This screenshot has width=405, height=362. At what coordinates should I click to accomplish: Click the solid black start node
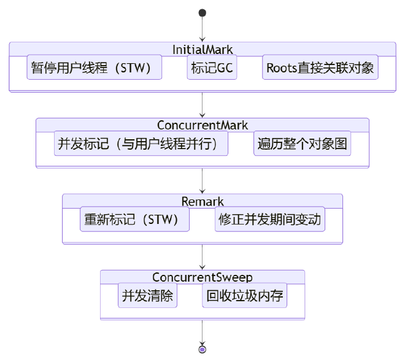(x=202, y=13)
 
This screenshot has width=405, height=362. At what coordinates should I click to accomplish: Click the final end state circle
(x=202, y=349)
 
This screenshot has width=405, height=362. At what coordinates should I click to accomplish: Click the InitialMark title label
(x=202, y=49)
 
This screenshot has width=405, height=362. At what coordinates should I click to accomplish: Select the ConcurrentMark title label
(x=202, y=125)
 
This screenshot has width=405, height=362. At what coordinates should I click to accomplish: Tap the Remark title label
(x=202, y=201)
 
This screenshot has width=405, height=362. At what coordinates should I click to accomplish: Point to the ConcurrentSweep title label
(x=202, y=277)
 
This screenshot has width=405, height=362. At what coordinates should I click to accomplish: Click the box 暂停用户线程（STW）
(x=94, y=67)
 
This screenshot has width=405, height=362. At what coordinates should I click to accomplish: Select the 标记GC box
(x=212, y=67)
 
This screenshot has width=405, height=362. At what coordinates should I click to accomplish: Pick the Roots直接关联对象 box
(x=320, y=67)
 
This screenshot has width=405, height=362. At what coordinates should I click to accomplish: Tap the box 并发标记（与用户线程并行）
(x=141, y=144)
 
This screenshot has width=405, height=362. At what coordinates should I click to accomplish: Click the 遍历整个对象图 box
(x=303, y=144)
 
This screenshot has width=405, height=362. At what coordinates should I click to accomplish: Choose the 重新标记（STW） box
(x=134, y=220)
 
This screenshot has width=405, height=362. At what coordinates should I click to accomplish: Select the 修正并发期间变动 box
(x=270, y=220)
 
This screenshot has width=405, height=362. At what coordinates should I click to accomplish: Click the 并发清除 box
(x=147, y=296)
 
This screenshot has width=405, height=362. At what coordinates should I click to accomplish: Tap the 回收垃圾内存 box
(x=245, y=296)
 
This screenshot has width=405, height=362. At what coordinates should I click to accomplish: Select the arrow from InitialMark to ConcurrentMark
(x=202, y=105)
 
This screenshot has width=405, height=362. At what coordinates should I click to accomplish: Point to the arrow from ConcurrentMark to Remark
(x=202, y=181)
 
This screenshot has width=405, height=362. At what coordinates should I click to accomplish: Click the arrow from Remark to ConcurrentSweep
(x=202, y=257)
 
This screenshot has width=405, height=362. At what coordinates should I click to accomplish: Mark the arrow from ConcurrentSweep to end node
(x=202, y=333)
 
